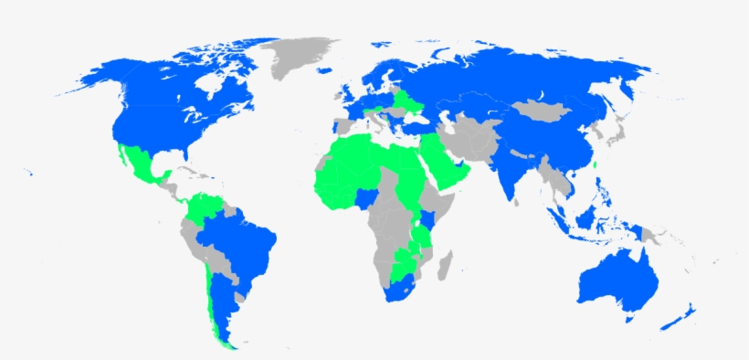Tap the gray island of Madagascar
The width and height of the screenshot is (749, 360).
click(445, 267)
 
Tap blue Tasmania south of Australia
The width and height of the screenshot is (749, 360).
click(628, 318)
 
